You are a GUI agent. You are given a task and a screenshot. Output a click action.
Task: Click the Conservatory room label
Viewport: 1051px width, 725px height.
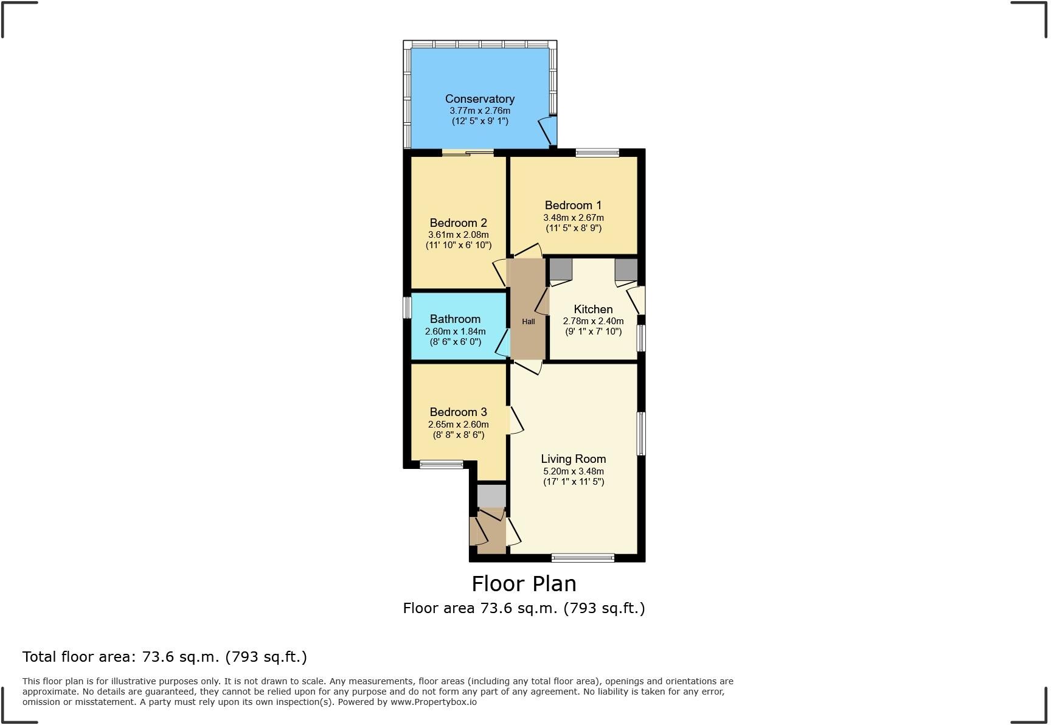tap(479, 99)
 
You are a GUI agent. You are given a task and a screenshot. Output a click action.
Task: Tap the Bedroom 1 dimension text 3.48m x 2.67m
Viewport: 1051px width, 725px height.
tap(573, 218)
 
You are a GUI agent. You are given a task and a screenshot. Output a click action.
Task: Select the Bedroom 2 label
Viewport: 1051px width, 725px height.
tap(458, 223)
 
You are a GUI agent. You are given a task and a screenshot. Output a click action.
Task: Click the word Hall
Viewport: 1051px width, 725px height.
tap(528, 321)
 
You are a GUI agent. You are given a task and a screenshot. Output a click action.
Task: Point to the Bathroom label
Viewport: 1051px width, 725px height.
tap(455, 319)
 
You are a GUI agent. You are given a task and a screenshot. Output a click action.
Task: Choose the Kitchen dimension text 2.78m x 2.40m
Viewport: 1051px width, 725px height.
tap(593, 321)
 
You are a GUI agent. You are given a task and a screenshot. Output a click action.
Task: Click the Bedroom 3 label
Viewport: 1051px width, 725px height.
tap(458, 412)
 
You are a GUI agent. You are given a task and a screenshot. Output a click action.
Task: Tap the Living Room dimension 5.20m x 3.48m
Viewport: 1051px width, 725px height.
tap(573, 471)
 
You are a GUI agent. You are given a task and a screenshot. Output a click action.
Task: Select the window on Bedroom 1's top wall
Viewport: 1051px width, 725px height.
tap(597, 153)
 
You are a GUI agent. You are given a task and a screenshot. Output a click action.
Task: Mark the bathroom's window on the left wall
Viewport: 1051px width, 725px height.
tap(408, 307)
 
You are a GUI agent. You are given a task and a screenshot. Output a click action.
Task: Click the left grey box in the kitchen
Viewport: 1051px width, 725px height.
tap(561, 269)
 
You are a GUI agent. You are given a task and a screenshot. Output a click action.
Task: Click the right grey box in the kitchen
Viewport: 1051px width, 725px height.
tap(626, 269)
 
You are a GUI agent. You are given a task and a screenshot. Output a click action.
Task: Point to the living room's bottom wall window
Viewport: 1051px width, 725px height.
tap(583, 557)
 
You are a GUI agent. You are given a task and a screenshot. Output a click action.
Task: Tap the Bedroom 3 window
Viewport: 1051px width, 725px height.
tap(442, 465)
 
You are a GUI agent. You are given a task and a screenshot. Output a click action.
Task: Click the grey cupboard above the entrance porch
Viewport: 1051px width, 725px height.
tap(491, 495)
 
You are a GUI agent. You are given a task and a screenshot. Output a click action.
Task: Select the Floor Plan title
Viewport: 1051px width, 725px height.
tap(524, 583)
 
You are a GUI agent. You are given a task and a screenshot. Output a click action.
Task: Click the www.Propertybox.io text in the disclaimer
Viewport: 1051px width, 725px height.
tap(433, 702)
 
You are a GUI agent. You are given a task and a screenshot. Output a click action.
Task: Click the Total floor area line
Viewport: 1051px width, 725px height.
tap(164, 657)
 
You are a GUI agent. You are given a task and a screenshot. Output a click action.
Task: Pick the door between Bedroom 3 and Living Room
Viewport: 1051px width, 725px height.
tap(513, 420)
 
